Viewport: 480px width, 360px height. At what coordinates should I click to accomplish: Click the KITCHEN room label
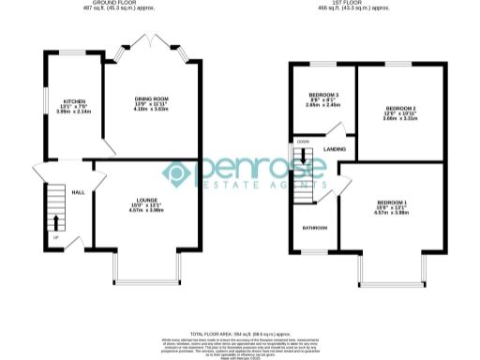(73, 100)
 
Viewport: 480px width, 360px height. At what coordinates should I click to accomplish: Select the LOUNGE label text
(145, 200)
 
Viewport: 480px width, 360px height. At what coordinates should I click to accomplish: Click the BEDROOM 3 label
(323, 95)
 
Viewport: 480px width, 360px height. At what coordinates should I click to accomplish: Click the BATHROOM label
(314, 228)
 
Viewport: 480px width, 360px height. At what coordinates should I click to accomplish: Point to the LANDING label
(335, 149)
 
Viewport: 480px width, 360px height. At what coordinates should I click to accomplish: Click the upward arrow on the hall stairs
(53, 223)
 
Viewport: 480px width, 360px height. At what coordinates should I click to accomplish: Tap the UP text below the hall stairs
(55, 237)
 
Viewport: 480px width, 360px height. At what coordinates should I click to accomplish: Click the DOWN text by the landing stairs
(303, 142)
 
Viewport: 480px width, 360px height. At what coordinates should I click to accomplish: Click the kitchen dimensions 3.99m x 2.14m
(73, 112)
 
